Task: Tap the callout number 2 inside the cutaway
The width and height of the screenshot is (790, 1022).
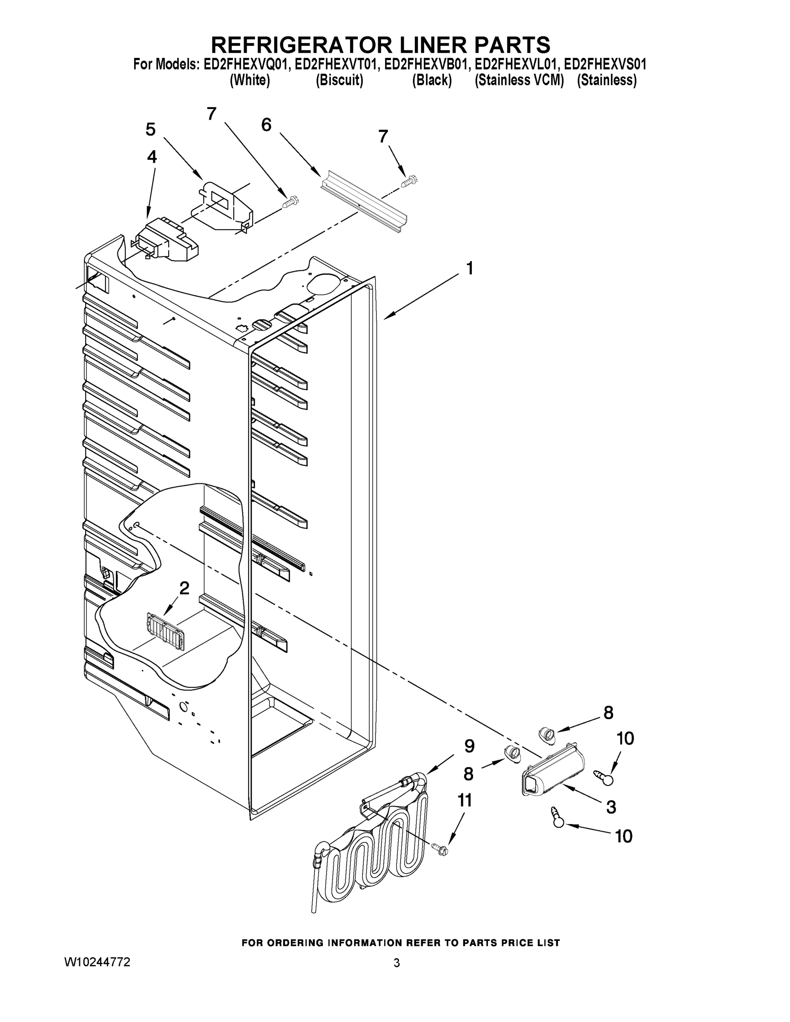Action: click(x=184, y=588)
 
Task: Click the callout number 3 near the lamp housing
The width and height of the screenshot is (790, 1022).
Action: click(x=611, y=807)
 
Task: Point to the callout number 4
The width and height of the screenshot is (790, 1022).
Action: click(x=152, y=157)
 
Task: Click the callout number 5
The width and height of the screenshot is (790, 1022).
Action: click(x=150, y=129)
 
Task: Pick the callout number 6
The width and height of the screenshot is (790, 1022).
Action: click(x=266, y=125)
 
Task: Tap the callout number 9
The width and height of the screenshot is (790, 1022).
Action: click(x=469, y=746)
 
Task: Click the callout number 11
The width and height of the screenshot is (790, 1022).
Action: click(x=464, y=801)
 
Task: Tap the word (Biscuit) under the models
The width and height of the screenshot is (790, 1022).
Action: click(x=339, y=80)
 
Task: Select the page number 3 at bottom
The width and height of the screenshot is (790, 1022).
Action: click(x=396, y=963)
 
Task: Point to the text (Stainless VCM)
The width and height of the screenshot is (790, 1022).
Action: click(x=519, y=80)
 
